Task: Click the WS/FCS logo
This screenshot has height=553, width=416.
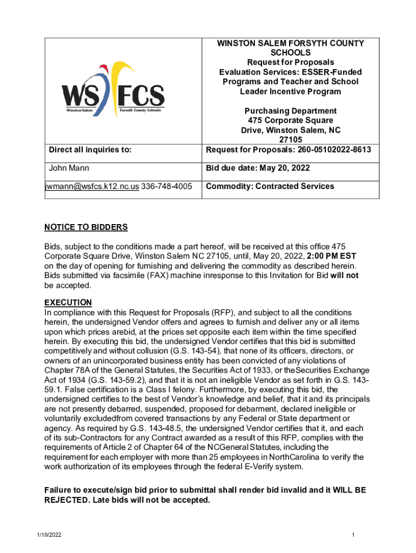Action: tap(114, 89)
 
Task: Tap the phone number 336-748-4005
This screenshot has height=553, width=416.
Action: tap(167, 186)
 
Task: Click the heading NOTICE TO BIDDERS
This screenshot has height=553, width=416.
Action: tap(86, 227)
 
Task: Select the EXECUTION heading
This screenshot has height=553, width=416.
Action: tap(68, 302)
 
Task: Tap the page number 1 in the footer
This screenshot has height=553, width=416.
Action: tap(352, 535)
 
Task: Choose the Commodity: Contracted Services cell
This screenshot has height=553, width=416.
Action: tap(270, 186)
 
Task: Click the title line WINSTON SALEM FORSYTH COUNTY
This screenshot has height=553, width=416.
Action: tap(291, 43)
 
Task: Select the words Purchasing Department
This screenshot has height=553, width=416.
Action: tap(291, 111)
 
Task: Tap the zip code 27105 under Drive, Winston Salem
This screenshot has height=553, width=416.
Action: tap(291, 140)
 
